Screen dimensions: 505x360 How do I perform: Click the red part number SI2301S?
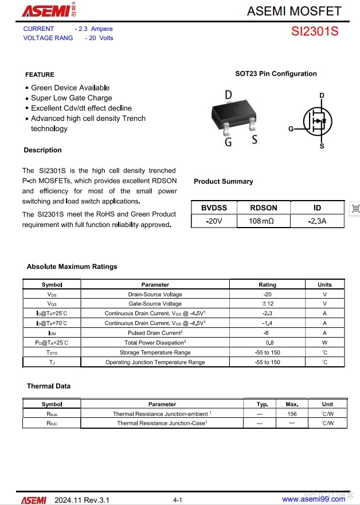(x=315, y=32)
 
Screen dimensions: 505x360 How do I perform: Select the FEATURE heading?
(x=40, y=75)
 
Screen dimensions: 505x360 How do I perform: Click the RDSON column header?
(x=264, y=208)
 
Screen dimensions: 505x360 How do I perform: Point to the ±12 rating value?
(x=267, y=304)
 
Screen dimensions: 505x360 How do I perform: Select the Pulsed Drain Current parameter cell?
(x=155, y=333)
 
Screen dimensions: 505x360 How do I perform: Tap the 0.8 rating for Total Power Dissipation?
(x=267, y=343)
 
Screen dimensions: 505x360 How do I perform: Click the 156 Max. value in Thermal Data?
(x=292, y=414)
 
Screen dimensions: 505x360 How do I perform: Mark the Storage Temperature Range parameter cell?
(x=155, y=353)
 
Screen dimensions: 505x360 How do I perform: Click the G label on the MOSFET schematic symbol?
(x=291, y=130)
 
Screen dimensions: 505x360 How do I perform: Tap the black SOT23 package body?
(x=235, y=112)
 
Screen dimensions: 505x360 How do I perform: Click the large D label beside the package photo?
(x=228, y=95)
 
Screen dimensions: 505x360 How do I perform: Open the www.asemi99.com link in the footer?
(x=314, y=500)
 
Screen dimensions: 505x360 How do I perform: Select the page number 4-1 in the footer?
(x=178, y=500)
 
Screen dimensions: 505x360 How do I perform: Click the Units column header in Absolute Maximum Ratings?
(x=324, y=284)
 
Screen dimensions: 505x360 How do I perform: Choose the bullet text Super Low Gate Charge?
(x=72, y=98)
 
